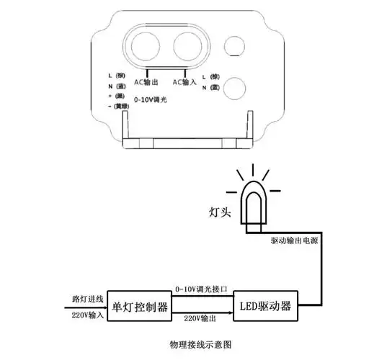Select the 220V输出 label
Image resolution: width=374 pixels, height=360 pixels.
199,318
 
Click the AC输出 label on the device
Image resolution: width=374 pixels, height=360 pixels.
147,81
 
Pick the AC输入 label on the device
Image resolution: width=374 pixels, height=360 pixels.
186,81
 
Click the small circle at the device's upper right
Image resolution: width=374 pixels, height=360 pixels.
236,47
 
